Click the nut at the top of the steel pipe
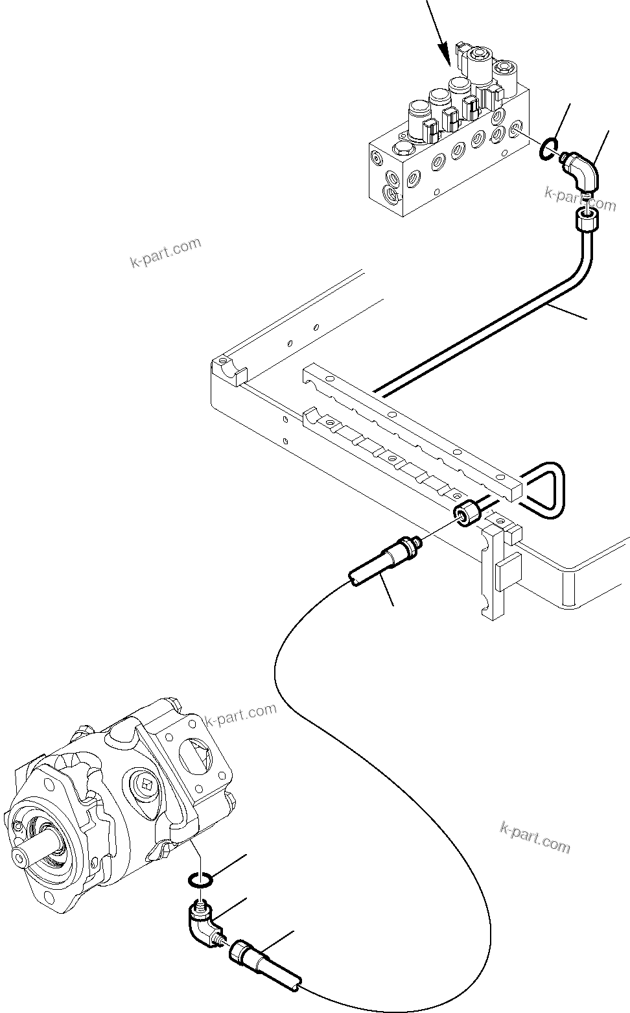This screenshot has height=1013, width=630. (x=587, y=220)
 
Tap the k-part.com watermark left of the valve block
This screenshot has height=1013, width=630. (x=165, y=254)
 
